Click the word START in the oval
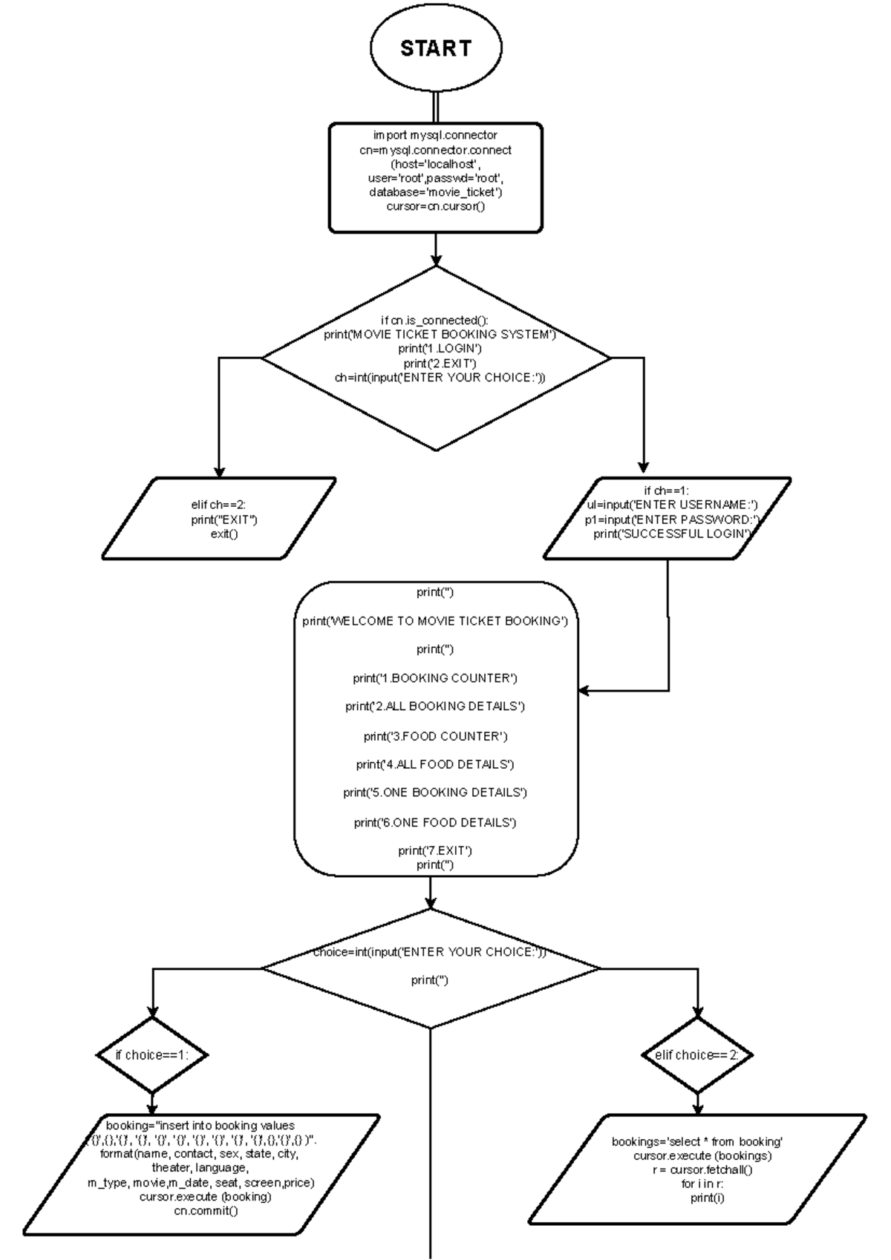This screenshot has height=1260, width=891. tap(436, 48)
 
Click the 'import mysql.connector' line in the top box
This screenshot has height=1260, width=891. tap(435, 135)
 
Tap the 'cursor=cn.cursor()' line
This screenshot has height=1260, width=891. tap(435, 206)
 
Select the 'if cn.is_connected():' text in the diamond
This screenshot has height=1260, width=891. tap(435, 321)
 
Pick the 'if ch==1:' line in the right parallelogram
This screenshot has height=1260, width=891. tap(667, 490)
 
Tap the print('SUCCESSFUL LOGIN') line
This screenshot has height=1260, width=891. tap(673, 534)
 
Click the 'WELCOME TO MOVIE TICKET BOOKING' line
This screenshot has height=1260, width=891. tap(435, 621)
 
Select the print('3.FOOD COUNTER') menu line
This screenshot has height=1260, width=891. tap(435, 736)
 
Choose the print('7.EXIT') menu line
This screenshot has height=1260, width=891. tap(435, 850)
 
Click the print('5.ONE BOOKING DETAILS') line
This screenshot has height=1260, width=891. tap(435, 793)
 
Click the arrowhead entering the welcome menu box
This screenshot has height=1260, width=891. tap(584, 690)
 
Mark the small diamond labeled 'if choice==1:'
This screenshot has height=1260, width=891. tap(152, 1054)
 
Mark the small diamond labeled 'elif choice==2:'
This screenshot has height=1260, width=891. tap(696, 1054)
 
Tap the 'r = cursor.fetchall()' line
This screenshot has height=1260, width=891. tap(697, 1170)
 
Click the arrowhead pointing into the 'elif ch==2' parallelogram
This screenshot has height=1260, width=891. tap(219, 471)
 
